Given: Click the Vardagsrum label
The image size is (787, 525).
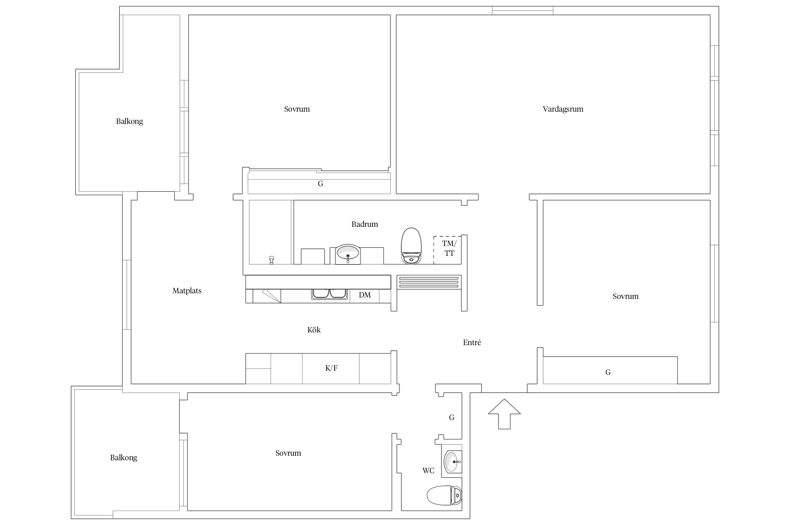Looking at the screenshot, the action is (x=563, y=109).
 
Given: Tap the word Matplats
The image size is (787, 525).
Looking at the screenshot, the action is (x=187, y=291).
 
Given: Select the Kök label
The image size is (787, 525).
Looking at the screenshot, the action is (x=314, y=330).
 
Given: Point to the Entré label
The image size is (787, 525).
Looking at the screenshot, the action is (x=472, y=343).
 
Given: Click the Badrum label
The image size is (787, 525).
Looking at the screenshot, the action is (x=364, y=224).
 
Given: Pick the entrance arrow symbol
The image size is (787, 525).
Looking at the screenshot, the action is (x=504, y=414).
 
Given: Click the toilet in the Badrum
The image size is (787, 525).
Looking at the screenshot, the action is (x=411, y=246).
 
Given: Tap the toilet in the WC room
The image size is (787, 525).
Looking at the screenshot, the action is (x=444, y=495).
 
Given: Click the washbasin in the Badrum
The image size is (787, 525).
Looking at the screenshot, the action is (x=348, y=253).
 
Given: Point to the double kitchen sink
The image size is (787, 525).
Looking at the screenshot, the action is (x=330, y=293).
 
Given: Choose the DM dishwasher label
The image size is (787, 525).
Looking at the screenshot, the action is (x=365, y=295).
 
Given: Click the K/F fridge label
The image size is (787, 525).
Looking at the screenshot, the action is (x=331, y=368).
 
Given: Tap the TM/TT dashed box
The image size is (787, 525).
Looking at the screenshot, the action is (x=447, y=250).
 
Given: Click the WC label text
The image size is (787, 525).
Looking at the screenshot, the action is (x=428, y=471).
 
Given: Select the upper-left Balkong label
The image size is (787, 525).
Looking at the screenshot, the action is (x=129, y=122).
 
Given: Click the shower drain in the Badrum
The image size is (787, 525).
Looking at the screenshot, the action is (x=271, y=260).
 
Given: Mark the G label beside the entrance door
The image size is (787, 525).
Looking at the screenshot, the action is (x=452, y=418).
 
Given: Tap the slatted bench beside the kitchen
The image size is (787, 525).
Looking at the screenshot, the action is (x=429, y=282).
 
